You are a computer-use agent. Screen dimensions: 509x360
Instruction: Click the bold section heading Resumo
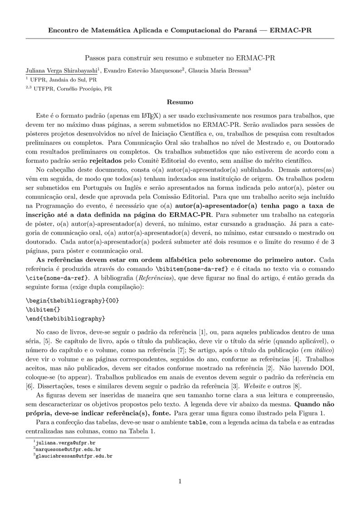click(x=180, y=102)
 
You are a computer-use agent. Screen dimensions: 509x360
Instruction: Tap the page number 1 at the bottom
click(x=180, y=481)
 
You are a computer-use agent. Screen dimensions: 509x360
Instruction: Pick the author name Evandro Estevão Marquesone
click(x=142, y=71)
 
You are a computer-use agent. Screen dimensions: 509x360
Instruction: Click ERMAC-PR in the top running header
click(x=290, y=30)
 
